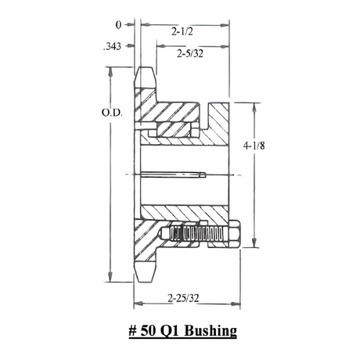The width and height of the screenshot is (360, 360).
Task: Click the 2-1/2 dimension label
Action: (182, 32)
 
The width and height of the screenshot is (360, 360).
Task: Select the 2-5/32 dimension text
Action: (190, 54)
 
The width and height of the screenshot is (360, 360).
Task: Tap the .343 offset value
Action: (112, 46)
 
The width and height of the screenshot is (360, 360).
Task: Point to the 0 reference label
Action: (118, 25)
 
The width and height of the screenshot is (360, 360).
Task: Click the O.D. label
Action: (112, 113)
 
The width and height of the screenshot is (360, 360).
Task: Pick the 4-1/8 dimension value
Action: (254, 146)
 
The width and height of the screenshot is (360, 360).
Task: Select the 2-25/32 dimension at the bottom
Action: (183, 297)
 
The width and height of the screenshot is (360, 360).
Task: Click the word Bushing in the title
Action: (211, 331)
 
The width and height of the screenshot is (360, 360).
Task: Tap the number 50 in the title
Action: (149, 331)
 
